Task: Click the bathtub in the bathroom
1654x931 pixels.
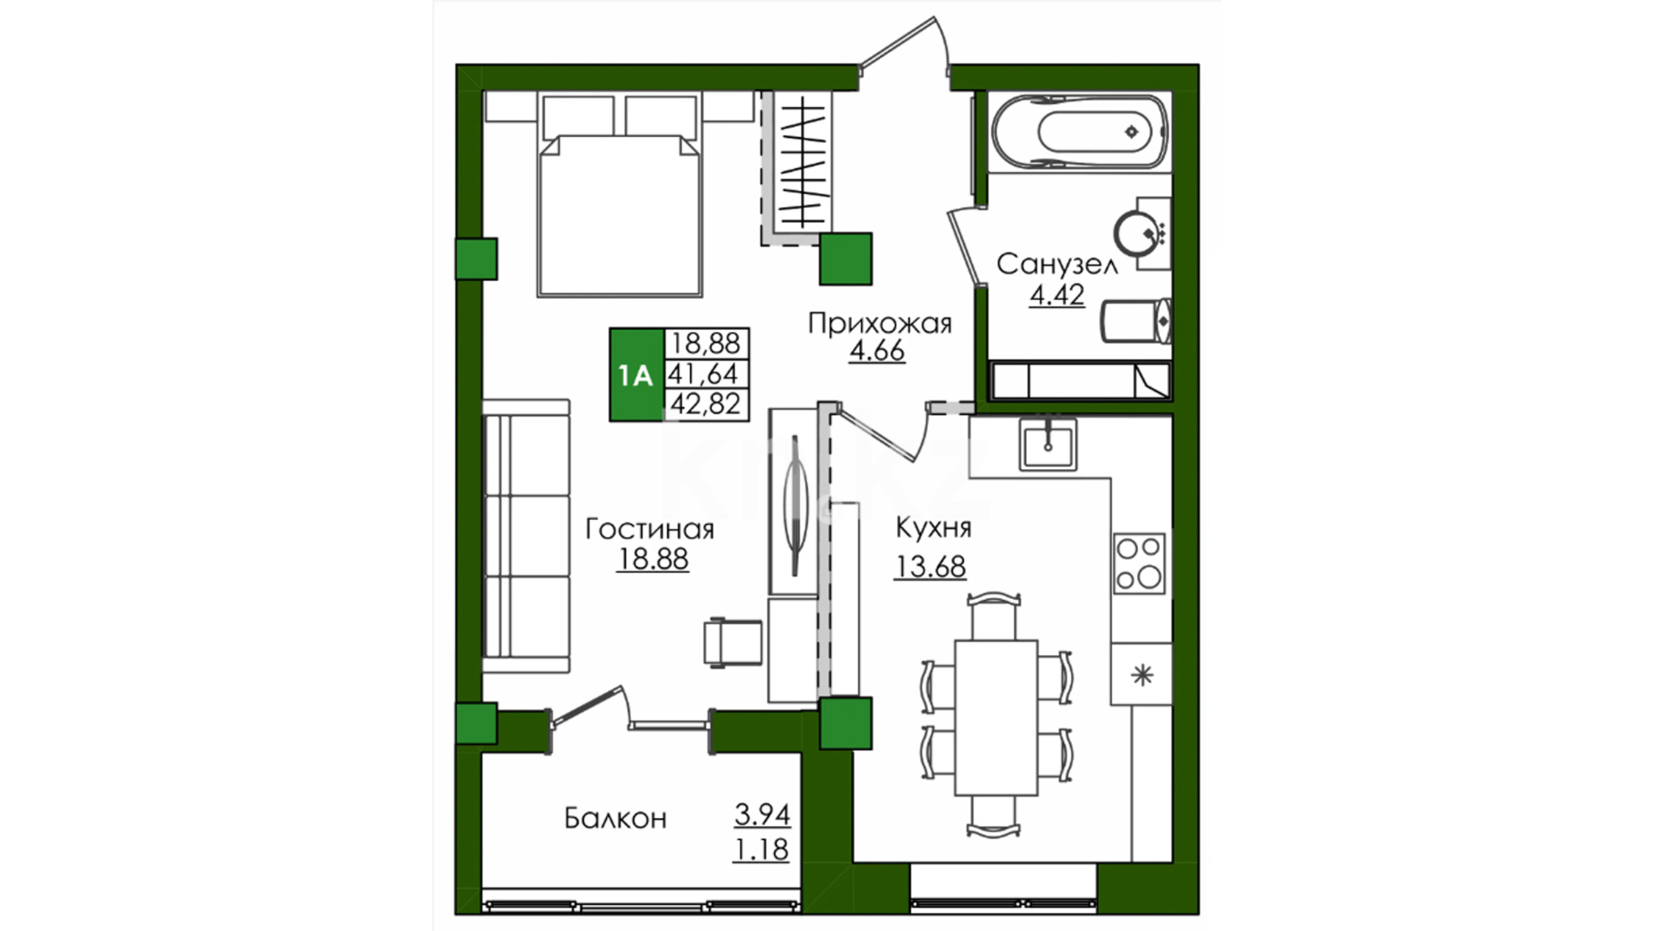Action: pyautogui.click(x=1079, y=132)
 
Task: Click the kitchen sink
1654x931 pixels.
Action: pyautogui.click(x=1048, y=444)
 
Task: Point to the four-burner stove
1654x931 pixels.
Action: pyautogui.click(x=1140, y=563)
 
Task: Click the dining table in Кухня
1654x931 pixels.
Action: pyautogui.click(x=996, y=717)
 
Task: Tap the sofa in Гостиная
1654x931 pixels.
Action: pyautogui.click(x=525, y=535)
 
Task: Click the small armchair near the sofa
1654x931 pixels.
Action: pyautogui.click(x=732, y=643)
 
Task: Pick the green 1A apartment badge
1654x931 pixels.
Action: pyautogui.click(x=636, y=375)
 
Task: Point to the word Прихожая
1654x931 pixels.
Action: pyautogui.click(x=880, y=324)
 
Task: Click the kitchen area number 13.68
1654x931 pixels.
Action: pyautogui.click(x=930, y=566)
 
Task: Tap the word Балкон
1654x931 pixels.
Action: pyautogui.click(x=615, y=817)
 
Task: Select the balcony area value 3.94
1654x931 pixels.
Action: pyautogui.click(x=762, y=814)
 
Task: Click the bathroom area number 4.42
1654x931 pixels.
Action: pyautogui.click(x=1057, y=295)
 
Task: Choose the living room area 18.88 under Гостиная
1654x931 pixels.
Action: pyautogui.click(x=653, y=559)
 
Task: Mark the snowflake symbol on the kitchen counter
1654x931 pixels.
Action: pyautogui.click(x=1142, y=674)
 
